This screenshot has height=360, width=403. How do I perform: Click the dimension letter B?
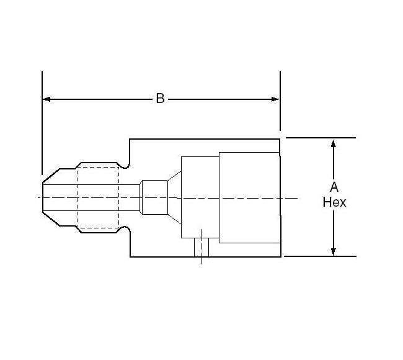pyautogui.click(x=160, y=99)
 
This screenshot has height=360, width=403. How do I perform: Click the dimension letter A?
pyautogui.click(x=334, y=187)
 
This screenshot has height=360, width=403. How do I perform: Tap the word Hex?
pyautogui.click(x=334, y=202)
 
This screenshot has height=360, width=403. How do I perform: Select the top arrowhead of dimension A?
pyautogui.click(x=334, y=143)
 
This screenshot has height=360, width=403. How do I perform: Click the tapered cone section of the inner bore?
pyautogui.click(x=174, y=197)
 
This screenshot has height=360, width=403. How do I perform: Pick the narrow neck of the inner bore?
pyautogui.click(x=153, y=197)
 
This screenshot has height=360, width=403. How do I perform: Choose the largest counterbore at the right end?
pyautogui.click(x=249, y=197)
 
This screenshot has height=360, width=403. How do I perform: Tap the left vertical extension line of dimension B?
pyautogui.click(x=42, y=124)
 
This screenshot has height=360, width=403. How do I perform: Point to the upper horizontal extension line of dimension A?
pyautogui.click(x=319, y=138)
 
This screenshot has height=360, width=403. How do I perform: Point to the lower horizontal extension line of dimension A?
pyautogui.click(x=319, y=256)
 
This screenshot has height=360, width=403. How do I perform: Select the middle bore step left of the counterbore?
pyautogui.click(x=200, y=197)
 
